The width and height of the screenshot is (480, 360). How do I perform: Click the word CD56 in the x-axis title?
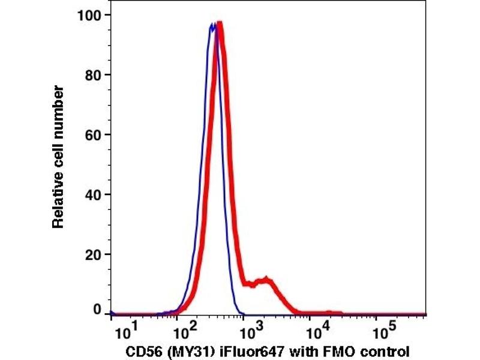(143, 350)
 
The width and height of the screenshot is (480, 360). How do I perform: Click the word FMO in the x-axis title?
(323, 350)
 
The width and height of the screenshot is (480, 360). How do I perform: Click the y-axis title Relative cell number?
(58, 157)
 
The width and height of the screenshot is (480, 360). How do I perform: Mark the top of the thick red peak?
(220, 24)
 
